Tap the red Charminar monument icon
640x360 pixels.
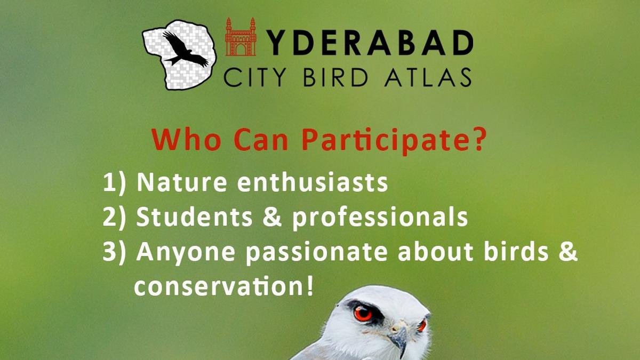241,37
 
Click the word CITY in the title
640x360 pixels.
254,77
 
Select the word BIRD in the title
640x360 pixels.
335,77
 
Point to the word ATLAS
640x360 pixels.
428,77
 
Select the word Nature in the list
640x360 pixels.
182,182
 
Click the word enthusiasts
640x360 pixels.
313,182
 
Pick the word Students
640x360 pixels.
194,217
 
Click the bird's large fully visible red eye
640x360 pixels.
363,314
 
